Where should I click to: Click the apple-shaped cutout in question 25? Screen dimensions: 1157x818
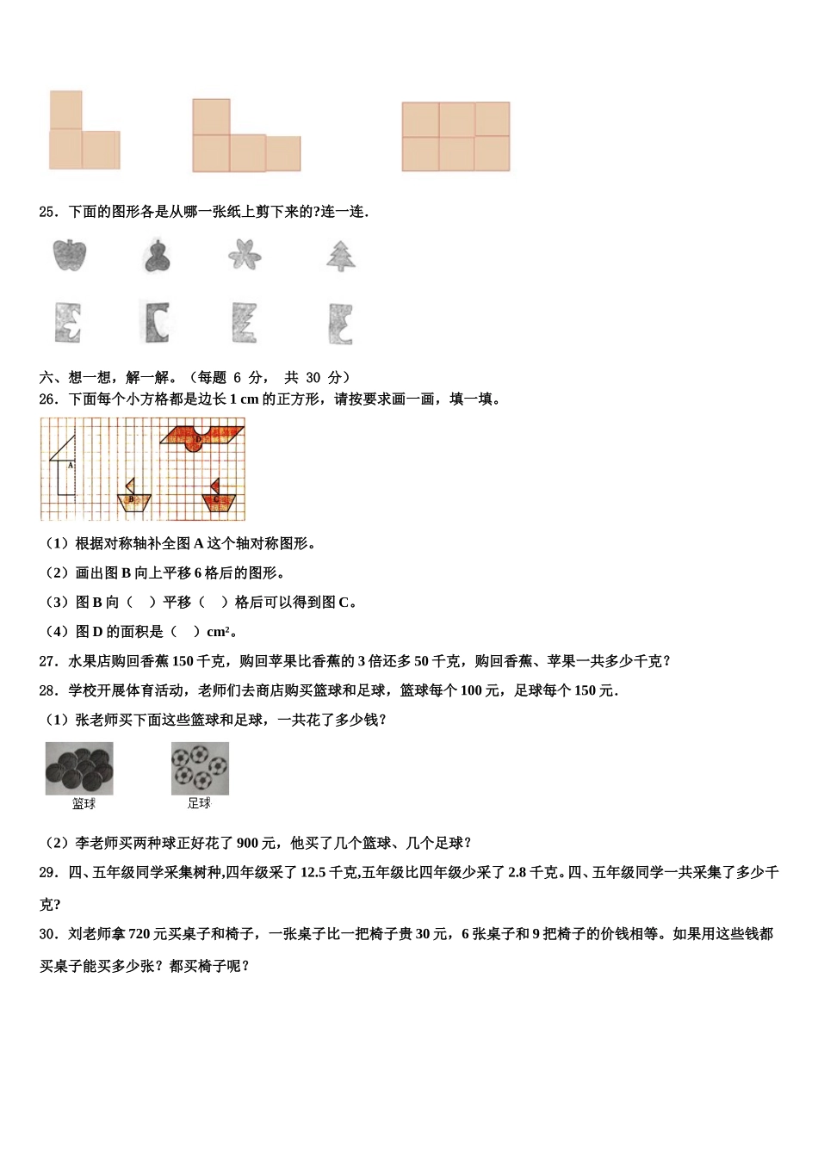[70, 255]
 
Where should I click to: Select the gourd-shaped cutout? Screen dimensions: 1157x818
[157, 256]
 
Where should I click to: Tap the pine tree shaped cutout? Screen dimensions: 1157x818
[341, 255]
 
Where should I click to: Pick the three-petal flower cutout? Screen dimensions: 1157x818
[245, 255]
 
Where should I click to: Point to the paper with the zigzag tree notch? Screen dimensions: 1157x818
[245, 323]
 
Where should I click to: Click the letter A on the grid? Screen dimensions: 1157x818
[70, 465]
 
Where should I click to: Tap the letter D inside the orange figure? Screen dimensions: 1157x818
[198, 440]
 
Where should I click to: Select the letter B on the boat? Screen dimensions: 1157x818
[131, 499]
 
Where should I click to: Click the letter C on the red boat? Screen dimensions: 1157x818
[215, 499]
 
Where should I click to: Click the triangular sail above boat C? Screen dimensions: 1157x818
[214, 486]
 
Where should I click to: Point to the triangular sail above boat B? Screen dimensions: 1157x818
[131, 486]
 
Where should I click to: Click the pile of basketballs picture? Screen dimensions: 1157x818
[79, 769]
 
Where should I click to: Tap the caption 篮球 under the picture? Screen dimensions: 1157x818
[84, 803]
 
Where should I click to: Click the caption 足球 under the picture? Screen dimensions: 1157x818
[199, 803]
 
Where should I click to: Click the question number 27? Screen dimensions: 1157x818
[48, 661]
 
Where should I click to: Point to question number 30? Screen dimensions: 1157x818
[48, 934]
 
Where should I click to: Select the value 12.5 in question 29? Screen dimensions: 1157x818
[313, 873]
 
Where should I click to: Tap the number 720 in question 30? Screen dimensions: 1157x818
[140, 934]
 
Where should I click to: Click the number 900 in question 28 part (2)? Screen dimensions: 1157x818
[247, 844]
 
